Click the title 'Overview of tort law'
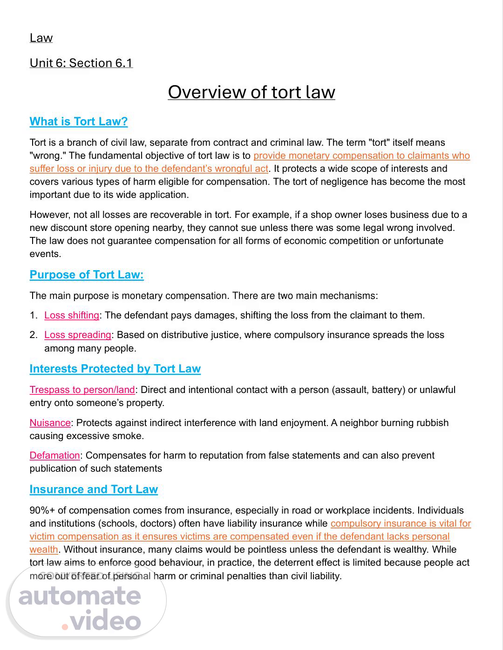click(251, 92)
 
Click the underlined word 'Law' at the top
click(41, 38)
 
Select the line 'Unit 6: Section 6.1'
click(81, 63)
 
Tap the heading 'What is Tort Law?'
click(78, 122)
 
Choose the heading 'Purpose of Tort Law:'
click(87, 275)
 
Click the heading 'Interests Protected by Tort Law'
click(115, 369)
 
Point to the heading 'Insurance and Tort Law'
click(94, 489)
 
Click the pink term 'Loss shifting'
click(72, 315)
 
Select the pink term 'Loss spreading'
click(78, 335)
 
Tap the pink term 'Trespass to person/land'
click(82, 390)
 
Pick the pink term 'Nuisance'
click(50, 423)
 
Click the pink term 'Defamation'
click(55, 455)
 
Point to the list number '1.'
click(34, 315)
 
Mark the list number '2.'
click(34, 335)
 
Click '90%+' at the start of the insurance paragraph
click(41, 510)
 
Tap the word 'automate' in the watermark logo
click(80, 596)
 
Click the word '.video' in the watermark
click(102, 621)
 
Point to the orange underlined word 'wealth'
click(44, 549)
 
